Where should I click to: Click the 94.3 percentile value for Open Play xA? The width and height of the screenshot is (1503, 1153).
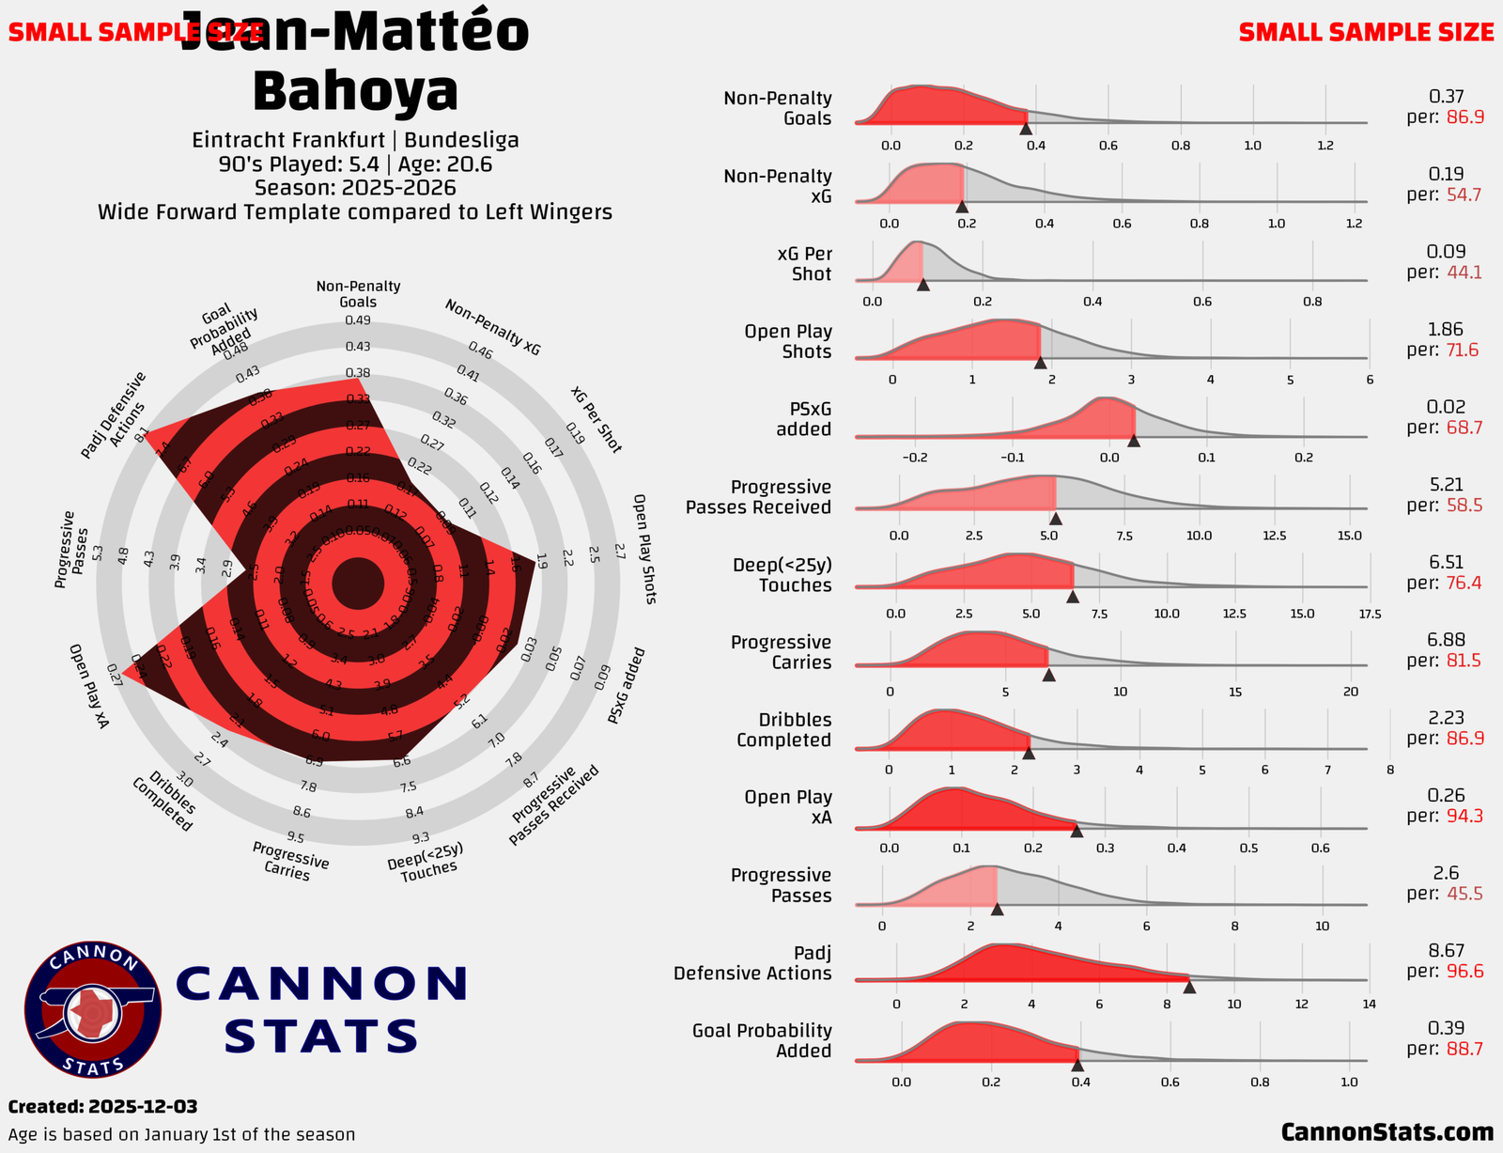[1464, 816]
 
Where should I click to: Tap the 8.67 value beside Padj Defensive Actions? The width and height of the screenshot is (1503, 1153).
[1446, 951]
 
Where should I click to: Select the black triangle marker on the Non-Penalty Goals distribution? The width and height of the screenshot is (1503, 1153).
[1026, 129]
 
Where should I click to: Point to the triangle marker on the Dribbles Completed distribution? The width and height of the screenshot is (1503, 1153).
[1029, 753]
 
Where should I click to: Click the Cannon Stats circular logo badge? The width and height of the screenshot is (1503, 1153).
[93, 1009]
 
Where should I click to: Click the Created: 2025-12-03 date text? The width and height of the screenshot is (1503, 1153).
[102, 1107]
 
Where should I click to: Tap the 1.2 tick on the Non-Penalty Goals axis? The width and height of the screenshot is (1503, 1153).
[1325, 146]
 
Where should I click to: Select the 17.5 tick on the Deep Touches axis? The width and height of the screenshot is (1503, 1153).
[1370, 614]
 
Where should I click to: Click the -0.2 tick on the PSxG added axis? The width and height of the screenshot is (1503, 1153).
[915, 458]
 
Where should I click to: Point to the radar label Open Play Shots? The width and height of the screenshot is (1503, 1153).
[643, 549]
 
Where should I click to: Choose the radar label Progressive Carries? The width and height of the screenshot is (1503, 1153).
[290, 861]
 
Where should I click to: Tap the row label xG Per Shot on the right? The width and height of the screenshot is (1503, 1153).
[804, 264]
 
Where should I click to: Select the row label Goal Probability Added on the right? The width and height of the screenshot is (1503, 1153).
[762, 1040]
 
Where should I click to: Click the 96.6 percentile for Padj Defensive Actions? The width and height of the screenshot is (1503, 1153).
[1464, 971]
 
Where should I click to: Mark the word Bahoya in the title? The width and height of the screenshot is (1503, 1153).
[355, 91]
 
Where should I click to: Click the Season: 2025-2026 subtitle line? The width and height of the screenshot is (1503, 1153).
[355, 187]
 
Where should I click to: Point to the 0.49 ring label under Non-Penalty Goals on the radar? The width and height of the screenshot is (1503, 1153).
[358, 320]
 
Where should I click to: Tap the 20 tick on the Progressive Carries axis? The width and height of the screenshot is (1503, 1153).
[1351, 692]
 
